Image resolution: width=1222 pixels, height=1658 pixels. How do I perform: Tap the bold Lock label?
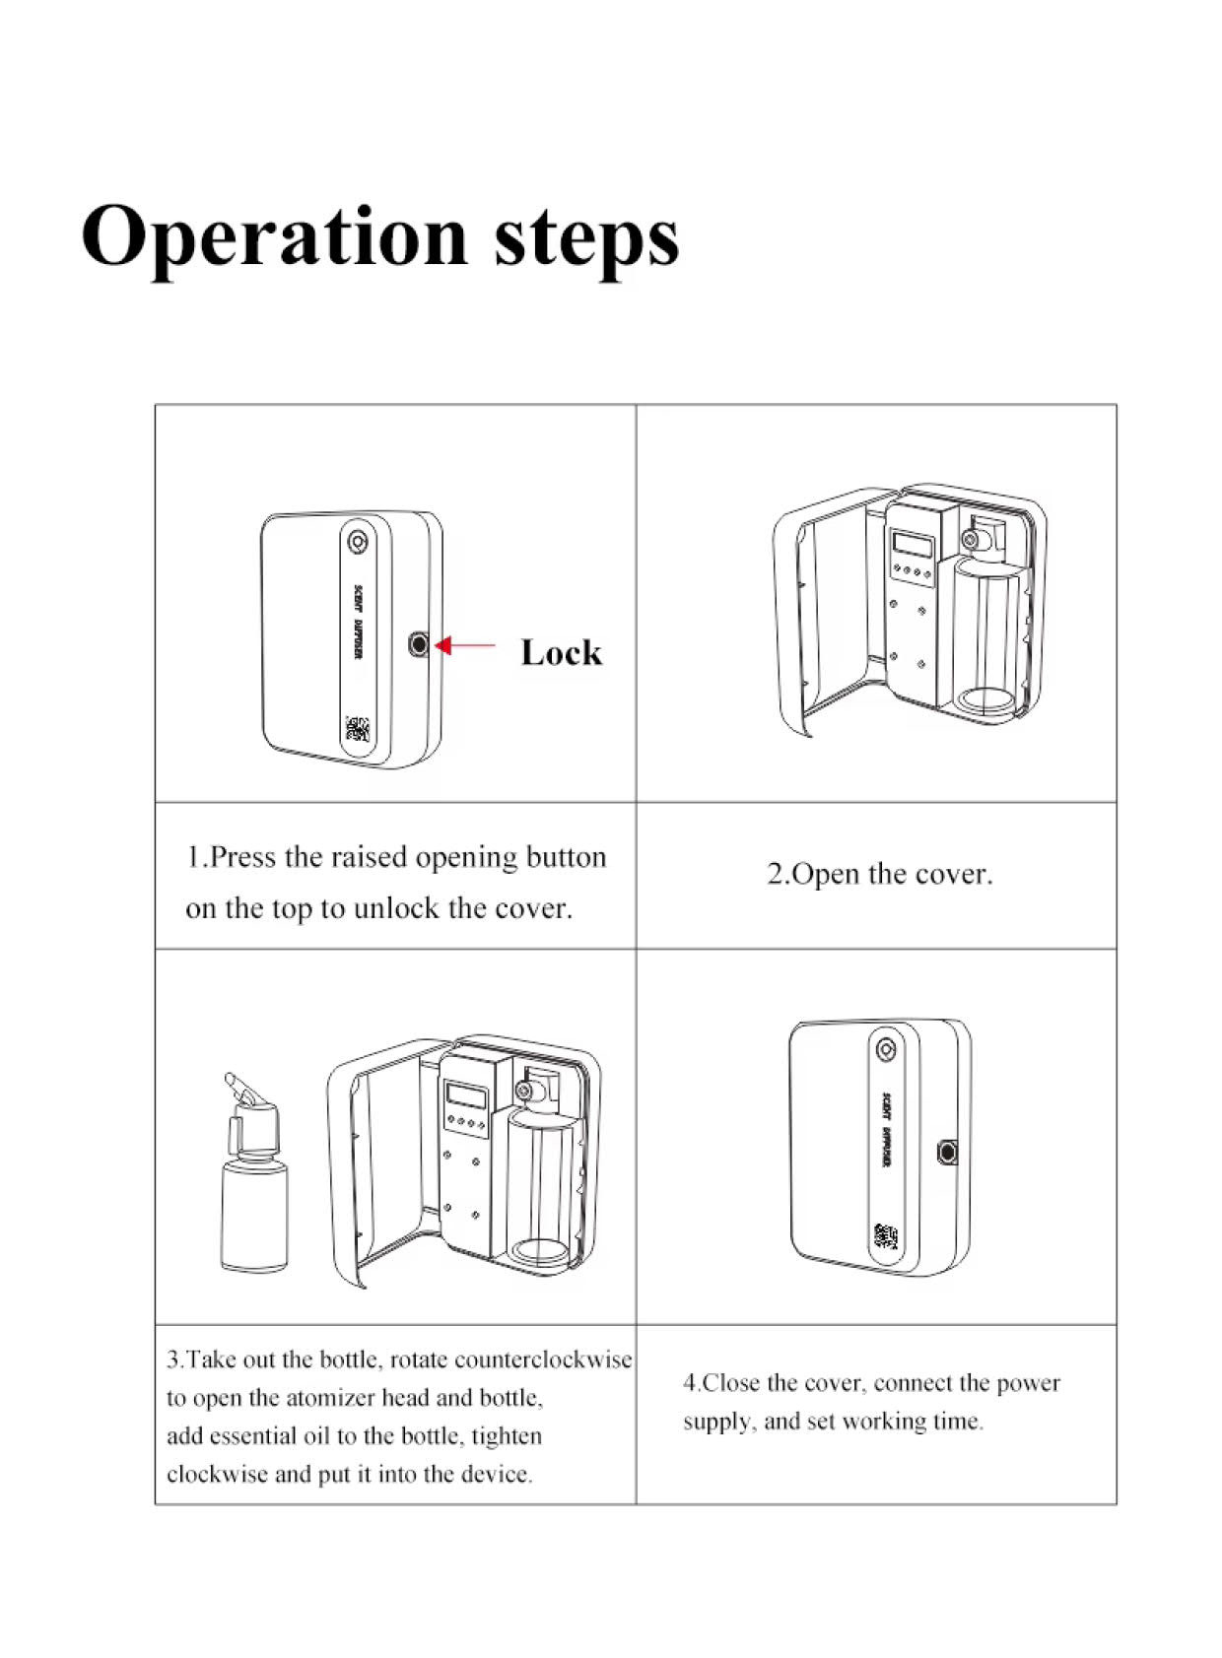[x=561, y=652]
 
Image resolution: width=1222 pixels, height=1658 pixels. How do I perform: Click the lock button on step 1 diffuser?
[x=419, y=644]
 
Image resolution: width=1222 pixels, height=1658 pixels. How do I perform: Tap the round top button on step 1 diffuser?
[x=357, y=542]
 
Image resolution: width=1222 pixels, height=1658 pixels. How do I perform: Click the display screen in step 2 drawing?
[x=912, y=544]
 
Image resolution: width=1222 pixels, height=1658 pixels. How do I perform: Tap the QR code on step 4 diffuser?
[x=886, y=1236]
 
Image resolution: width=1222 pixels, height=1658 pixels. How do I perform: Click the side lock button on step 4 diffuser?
[x=948, y=1151]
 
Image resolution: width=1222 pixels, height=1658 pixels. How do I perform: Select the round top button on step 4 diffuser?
[x=886, y=1048]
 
